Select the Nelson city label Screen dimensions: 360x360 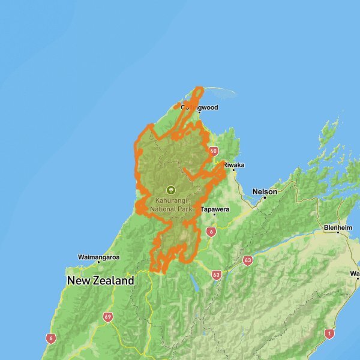coord(265,191)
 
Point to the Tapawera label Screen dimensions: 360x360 coord(215,210)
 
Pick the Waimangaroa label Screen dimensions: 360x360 coord(99,257)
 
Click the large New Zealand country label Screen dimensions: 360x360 coord(101,281)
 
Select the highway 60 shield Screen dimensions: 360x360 coord(214,151)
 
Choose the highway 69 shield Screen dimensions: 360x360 coord(108,317)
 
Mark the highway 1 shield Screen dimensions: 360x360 coord(328,333)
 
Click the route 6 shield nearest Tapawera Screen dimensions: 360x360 coord(211,231)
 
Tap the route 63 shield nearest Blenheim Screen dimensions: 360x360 coord(247,260)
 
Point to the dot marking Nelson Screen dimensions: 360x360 coord(264,197)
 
